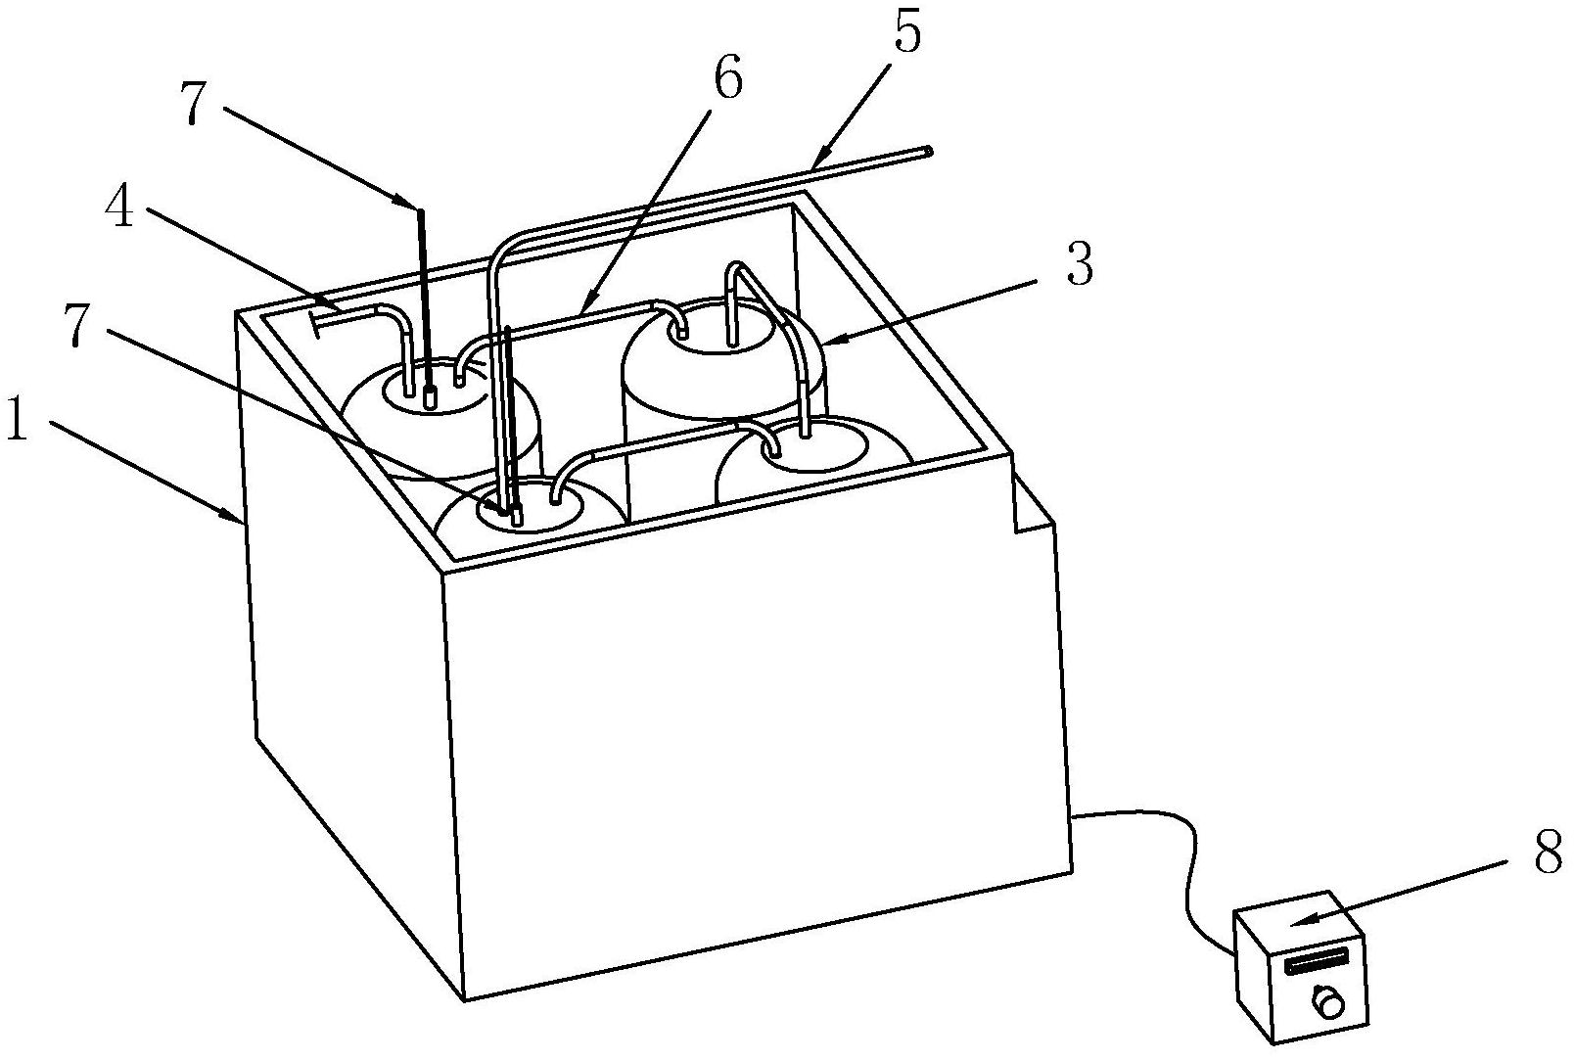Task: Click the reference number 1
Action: click(x=17, y=419)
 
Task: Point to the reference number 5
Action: click(x=906, y=30)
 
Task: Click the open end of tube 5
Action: click(x=929, y=151)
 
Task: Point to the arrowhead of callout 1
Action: click(x=237, y=517)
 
